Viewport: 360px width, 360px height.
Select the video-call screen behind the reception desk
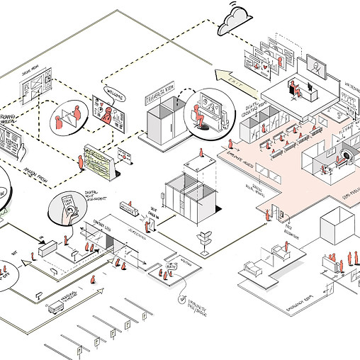coord(314,69)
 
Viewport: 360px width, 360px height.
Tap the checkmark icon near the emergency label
coord(184,300)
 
